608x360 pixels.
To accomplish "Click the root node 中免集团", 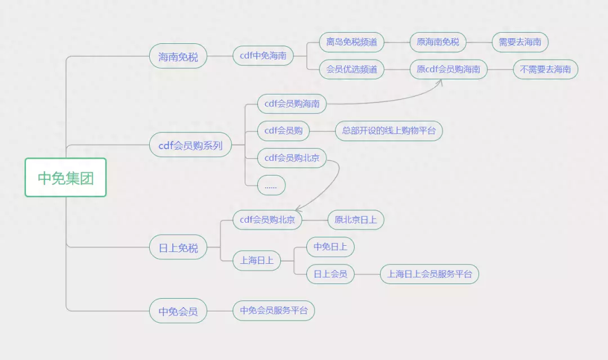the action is pyautogui.click(x=65, y=178).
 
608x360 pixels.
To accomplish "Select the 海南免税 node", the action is pyautogui.click(x=178, y=56).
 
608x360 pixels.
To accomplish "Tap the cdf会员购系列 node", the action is pyautogui.click(x=190, y=145).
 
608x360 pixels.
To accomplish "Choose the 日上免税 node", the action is pyautogui.click(x=178, y=247).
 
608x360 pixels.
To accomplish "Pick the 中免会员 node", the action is pyautogui.click(x=178, y=311).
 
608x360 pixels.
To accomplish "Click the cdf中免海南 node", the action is pyautogui.click(x=263, y=56).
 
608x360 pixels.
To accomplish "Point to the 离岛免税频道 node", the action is pyautogui.click(x=352, y=42).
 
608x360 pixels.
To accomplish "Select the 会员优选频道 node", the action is pyautogui.click(x=352, y=69).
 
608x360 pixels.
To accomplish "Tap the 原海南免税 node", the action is pyautogui.click(x=438, y=42).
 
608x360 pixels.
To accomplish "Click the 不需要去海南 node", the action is pyautogui.click(x=545, y=69).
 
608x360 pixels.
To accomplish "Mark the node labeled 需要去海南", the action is pyautogui.click(x=520, y=42).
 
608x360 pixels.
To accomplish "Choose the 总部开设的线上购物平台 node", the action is pyautogui.click(x=389, y=131).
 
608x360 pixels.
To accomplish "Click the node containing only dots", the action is pyautogui.click(x=271, y=185).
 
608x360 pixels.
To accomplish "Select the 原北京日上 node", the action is pyautogui.click(x=356, y=220).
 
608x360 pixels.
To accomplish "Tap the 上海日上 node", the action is pyautogui.click(x=257, y=260).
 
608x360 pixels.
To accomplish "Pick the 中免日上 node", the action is pyautogui.click(x=330, y=247).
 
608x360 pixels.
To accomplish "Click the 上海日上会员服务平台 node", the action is pyautogui.click(x=429, y=274).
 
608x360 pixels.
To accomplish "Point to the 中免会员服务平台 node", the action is pyautogui.click(x=274, y=310).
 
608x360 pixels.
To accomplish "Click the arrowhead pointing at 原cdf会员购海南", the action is pyautogui.click(x=440, y=82).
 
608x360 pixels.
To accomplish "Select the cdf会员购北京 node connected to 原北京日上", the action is pyautogui.click(x=267, y=220).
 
